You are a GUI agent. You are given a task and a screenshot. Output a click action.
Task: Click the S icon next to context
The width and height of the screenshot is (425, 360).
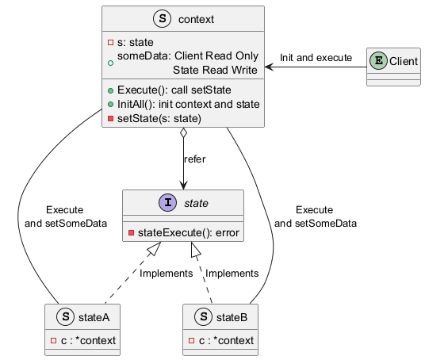click(163, 19)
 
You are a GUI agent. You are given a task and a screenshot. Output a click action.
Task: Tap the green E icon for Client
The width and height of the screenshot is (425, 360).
click(379, 61)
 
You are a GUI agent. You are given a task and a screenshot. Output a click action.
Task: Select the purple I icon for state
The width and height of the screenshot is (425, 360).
click(168, 202)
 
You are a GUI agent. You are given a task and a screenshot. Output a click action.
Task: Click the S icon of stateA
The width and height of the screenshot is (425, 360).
click(65, 316)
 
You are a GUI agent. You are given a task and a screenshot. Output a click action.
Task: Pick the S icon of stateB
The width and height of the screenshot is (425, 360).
click(203, 316)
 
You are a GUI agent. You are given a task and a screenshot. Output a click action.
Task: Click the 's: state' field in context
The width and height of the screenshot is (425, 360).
click(136, 43)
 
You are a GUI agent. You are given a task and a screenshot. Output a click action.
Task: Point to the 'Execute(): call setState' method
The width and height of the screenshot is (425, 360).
click(174, 90)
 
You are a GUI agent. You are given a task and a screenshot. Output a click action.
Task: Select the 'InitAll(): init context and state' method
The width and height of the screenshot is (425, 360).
click(189, 104)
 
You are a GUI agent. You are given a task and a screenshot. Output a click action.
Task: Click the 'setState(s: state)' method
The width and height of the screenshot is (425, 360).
click(159, 118)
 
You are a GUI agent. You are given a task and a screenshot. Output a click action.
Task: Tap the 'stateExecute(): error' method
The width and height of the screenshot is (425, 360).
click(189, 232)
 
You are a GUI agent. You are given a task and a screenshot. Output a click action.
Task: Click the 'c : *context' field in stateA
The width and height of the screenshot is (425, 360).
click(88, 340)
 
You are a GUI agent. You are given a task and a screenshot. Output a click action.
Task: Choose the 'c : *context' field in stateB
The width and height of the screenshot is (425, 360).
click(226, 340)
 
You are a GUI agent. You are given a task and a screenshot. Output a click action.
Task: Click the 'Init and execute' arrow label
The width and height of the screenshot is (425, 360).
click(316, 57)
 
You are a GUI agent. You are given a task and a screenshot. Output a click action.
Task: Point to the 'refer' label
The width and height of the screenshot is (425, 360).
click(194, 159)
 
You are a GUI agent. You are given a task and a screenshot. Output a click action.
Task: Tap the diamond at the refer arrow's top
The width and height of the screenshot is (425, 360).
click(183, 133)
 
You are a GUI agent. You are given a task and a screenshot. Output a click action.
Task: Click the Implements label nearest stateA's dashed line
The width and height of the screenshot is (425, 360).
click(167, 274)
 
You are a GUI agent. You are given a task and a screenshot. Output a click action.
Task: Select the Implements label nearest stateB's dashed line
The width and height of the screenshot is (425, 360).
click(232, 274)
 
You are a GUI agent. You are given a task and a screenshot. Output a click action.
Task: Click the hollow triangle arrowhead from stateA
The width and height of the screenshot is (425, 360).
click(154, 249)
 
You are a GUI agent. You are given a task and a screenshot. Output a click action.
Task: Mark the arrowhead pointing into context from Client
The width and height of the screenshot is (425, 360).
click(269, 67)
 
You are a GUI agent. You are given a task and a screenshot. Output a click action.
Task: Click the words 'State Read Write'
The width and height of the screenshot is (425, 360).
click(215, 70)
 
